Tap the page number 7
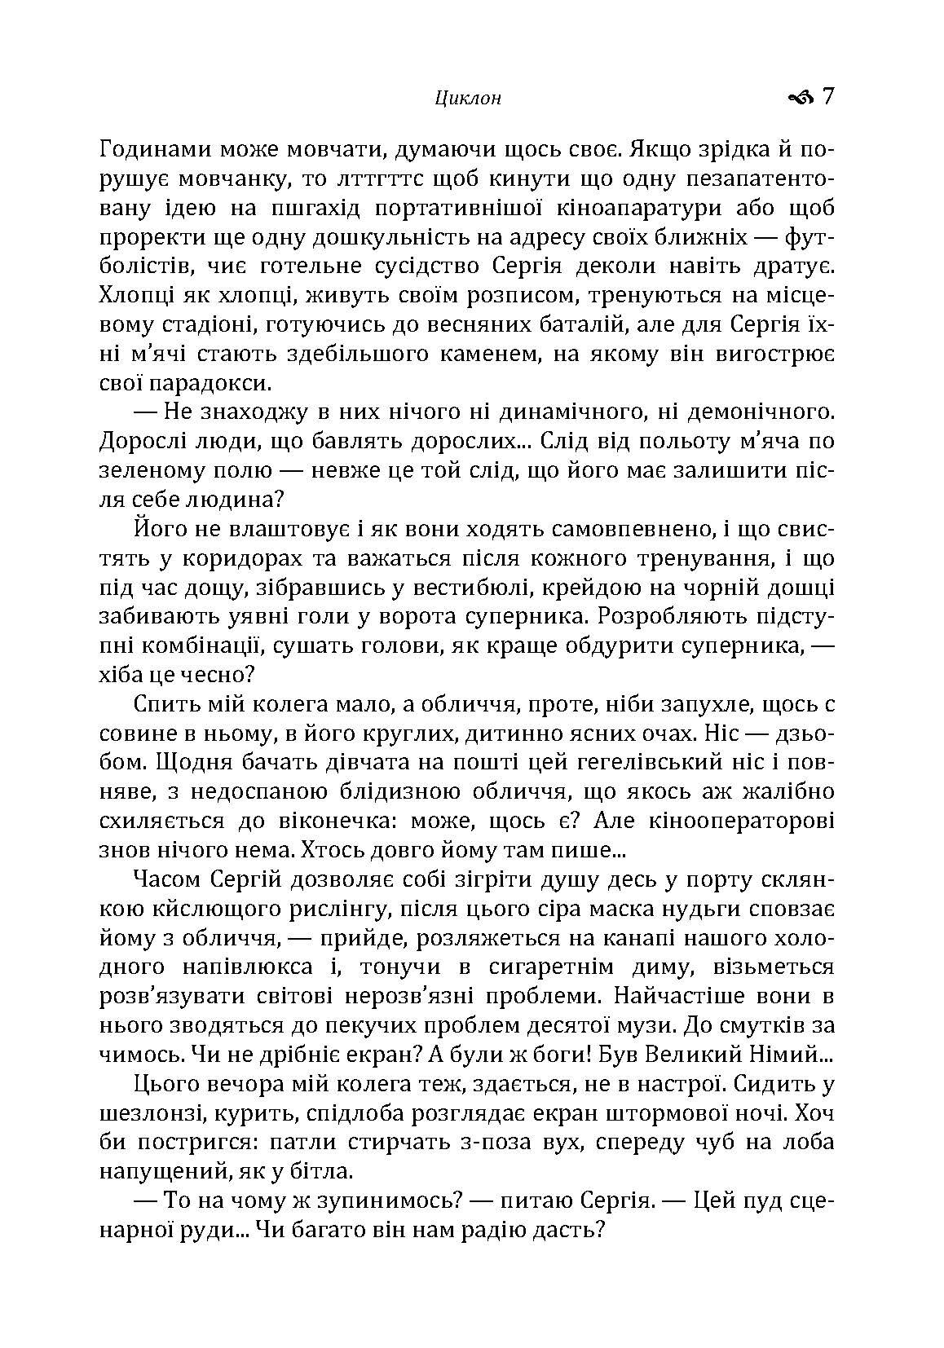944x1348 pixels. (828, 97)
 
